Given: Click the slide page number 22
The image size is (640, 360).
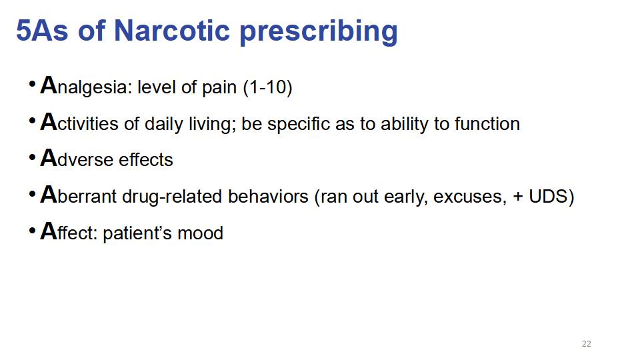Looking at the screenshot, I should click(x=586, y=344).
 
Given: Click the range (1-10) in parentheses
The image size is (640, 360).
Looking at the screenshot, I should click(x=267, y=87).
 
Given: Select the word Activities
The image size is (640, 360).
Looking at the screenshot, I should click(x=79, y=123).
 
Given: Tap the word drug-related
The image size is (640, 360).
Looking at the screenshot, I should click(x=173, y=197).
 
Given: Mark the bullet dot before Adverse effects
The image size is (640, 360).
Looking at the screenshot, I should click(x=32, y=158).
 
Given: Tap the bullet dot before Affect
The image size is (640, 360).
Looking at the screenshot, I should click(x=32, y=231).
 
